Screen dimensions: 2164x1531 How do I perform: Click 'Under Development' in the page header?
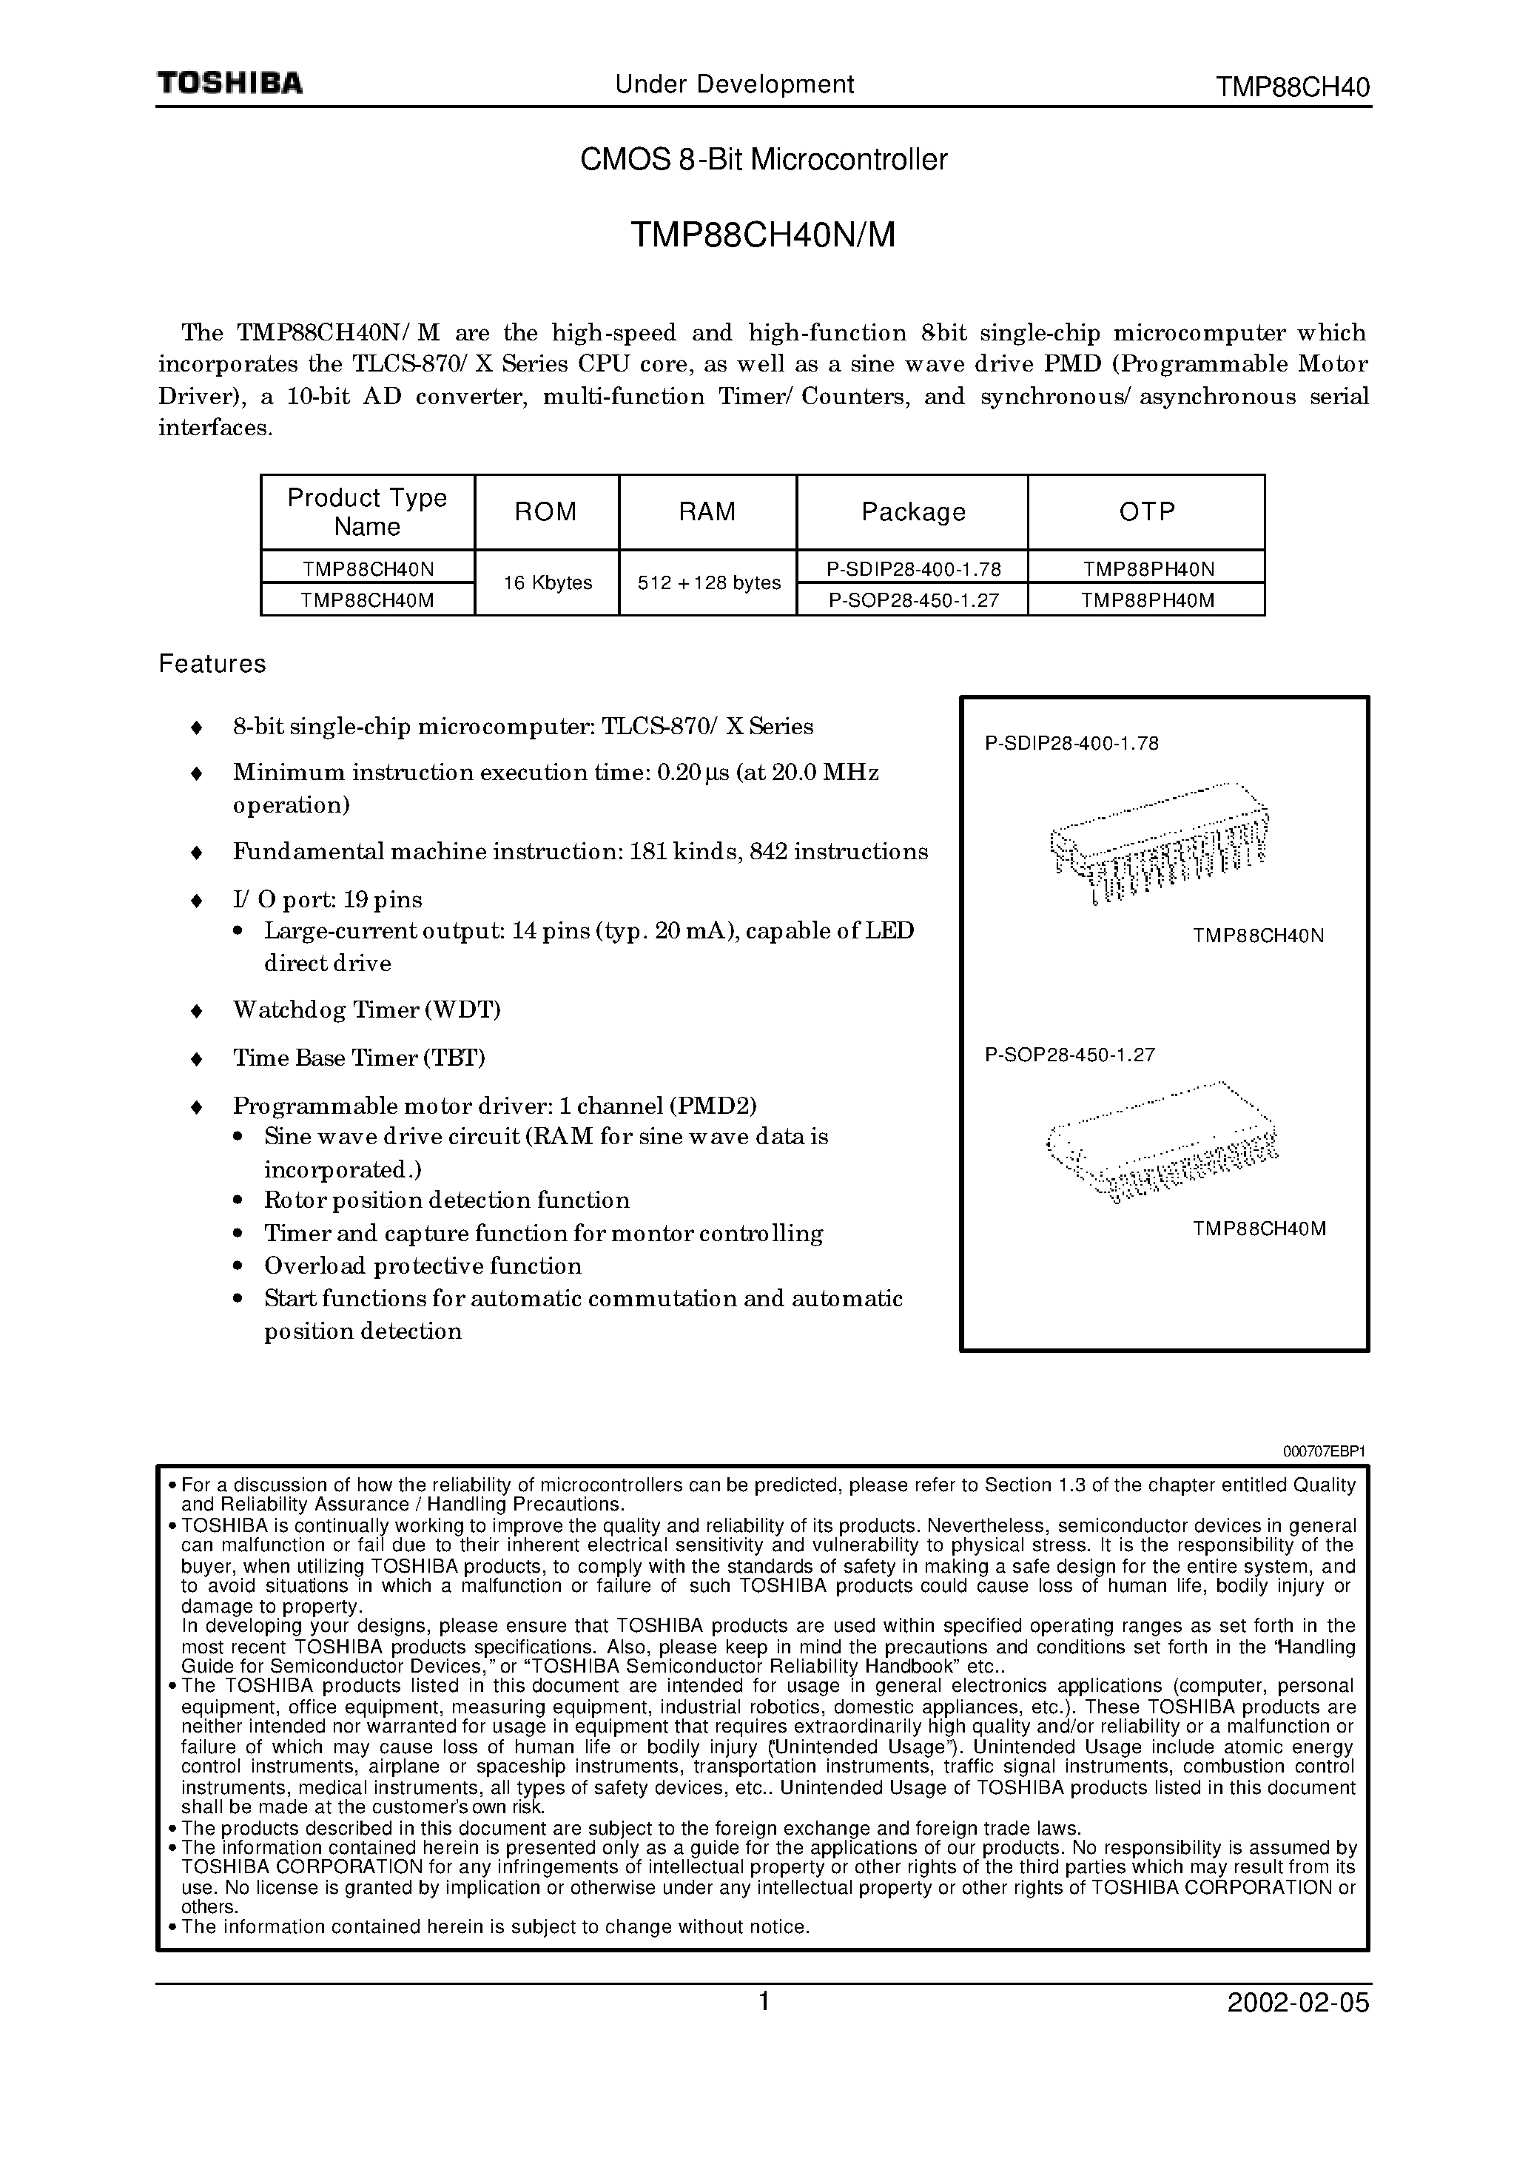pos(734,85)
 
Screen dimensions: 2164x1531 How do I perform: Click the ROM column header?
pos(546,512)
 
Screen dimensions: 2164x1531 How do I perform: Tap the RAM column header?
pos(707,512)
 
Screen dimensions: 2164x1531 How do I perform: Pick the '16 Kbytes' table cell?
pos(547,582)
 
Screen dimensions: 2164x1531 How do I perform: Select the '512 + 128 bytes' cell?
pos(708,582)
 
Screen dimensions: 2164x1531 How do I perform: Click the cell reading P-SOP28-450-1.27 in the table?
pos(912,599)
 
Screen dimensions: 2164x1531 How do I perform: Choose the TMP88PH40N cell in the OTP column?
pos(1147,568)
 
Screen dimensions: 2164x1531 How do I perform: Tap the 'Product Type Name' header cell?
pos(367,512)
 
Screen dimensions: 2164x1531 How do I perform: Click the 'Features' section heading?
pos(212,664)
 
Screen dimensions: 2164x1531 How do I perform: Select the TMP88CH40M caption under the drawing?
pos(1259,1229)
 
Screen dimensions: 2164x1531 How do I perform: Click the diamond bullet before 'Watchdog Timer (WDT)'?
pos(196,1012)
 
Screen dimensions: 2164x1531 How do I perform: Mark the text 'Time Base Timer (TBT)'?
pos(358,1058)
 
